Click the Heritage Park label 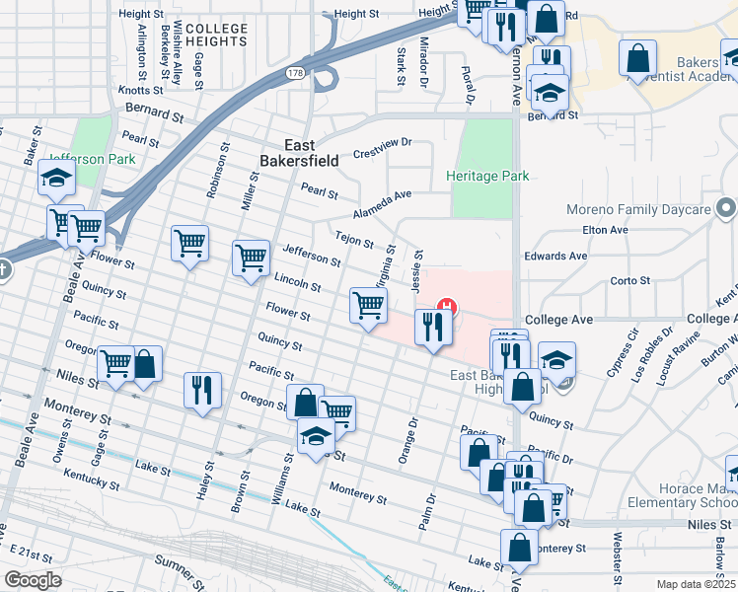click(x=487, y=177)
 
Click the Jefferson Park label click(x=91, y=158)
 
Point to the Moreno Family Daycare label click(x=638, y=210)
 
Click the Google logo click(x=34, y=580)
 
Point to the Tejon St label click(x=354, y=240)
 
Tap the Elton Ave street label click(x=605, y=230)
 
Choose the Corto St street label click(x=629, y=280)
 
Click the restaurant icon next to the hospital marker click(x=432, y=328)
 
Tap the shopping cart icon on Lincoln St click(x=368, y=305)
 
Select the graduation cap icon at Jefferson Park click(x=56, y=179)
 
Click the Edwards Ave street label click(x=555, y=256)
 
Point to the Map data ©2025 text click(x=696, y=584)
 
